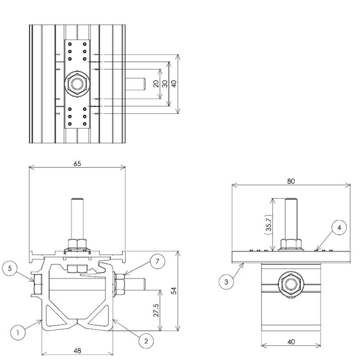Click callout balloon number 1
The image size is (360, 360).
pos(18,333)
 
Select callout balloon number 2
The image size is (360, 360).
pos(146,340)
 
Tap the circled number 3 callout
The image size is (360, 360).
pos(226,282)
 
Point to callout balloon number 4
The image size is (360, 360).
pos(340,228)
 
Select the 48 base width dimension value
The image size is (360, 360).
pos(77,351)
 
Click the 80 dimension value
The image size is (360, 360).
pos(291,181)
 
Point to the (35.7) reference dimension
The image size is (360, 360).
pos(268,224)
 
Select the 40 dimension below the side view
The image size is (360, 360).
pos(291,342)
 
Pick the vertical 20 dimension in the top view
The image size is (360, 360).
pos(156,84)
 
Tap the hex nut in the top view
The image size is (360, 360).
pos(78,84)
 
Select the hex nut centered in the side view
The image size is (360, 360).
pos(291,284)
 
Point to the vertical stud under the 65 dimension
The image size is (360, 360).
pos(77,218)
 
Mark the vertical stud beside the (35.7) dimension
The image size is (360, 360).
pos(291,218)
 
